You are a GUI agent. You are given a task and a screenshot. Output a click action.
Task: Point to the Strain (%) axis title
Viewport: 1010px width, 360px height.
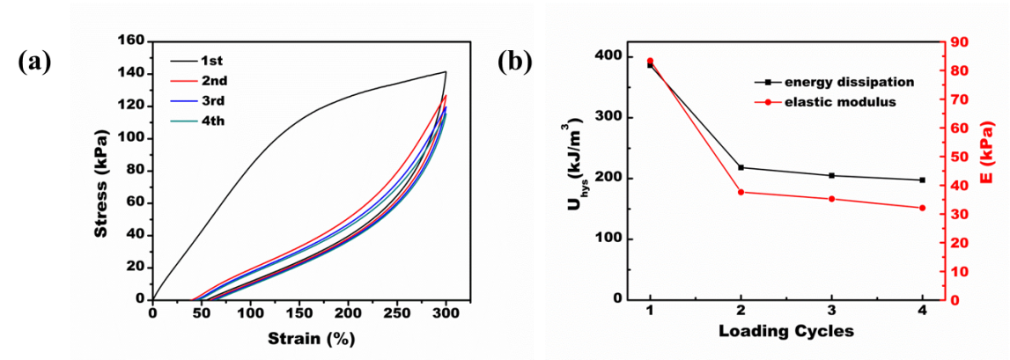coord(299,338)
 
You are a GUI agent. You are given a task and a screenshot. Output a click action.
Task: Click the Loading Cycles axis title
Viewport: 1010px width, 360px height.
coord(785,332)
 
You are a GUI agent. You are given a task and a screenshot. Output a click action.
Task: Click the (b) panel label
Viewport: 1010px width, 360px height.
coord(515,62)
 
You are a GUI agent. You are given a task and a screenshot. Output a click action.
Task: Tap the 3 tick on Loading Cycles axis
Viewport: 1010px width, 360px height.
coord(831,312)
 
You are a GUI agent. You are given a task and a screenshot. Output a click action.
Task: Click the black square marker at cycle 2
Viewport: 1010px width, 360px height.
coord(741,167)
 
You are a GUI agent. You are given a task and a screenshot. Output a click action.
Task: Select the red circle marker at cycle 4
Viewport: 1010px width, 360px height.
coord(922,208)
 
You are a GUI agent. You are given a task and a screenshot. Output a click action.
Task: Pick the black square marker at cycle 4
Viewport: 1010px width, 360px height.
coord(922,180)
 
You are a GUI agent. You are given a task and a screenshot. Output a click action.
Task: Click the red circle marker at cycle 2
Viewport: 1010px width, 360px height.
coord(741,192)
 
